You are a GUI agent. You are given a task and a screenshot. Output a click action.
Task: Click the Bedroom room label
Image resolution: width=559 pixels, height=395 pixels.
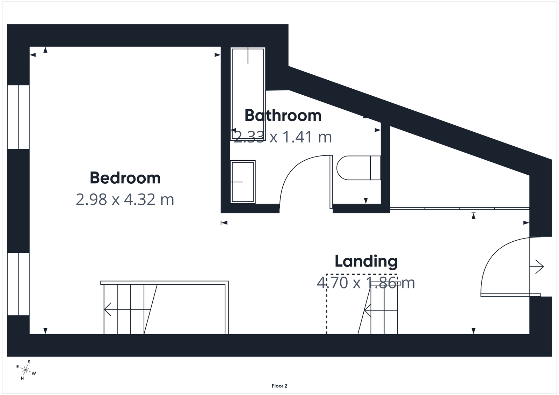[x=125, y=178]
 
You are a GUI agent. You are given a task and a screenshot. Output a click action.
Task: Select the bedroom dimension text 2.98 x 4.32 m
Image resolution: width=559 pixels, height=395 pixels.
[x=125, y=200]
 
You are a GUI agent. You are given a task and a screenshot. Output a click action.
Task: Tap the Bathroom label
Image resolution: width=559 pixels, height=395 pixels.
[x=283, y=116]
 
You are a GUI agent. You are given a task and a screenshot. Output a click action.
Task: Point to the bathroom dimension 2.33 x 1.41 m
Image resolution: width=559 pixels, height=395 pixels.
[x=283, y=137]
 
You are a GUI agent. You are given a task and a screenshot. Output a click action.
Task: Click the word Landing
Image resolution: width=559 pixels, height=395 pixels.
[x=366, y=261]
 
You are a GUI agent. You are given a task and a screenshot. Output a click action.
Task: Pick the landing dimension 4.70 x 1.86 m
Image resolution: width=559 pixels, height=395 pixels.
[x=365, y=283]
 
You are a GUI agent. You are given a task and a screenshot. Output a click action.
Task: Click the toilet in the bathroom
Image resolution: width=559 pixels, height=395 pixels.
[x=358, y=168]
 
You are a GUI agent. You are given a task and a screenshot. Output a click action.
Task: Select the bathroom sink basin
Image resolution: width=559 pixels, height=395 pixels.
[x=243, y=182]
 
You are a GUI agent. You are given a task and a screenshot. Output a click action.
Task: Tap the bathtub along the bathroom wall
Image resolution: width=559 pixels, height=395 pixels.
[x=248, y=94]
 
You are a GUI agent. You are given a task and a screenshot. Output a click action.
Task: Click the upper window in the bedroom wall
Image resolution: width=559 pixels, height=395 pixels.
[x=18, y=117]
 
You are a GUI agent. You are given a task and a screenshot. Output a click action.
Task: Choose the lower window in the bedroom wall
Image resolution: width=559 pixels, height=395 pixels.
[x=18, y=284]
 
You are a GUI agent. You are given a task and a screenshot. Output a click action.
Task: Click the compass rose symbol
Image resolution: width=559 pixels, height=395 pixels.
[x=26, y=370]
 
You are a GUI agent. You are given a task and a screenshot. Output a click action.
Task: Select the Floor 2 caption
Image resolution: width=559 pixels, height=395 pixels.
[x=279, y=386]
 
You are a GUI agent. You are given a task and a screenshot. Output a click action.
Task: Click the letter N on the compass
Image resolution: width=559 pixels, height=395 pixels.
[x=22, y=378]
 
